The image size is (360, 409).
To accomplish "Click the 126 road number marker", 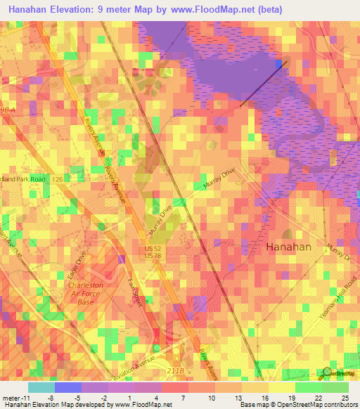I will [x=75, y=179].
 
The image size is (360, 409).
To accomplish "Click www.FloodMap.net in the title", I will [x=212, y=9].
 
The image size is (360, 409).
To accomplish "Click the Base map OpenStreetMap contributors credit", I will [x=296, y=405].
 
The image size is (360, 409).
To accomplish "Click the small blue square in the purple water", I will [x=280, y=64].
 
